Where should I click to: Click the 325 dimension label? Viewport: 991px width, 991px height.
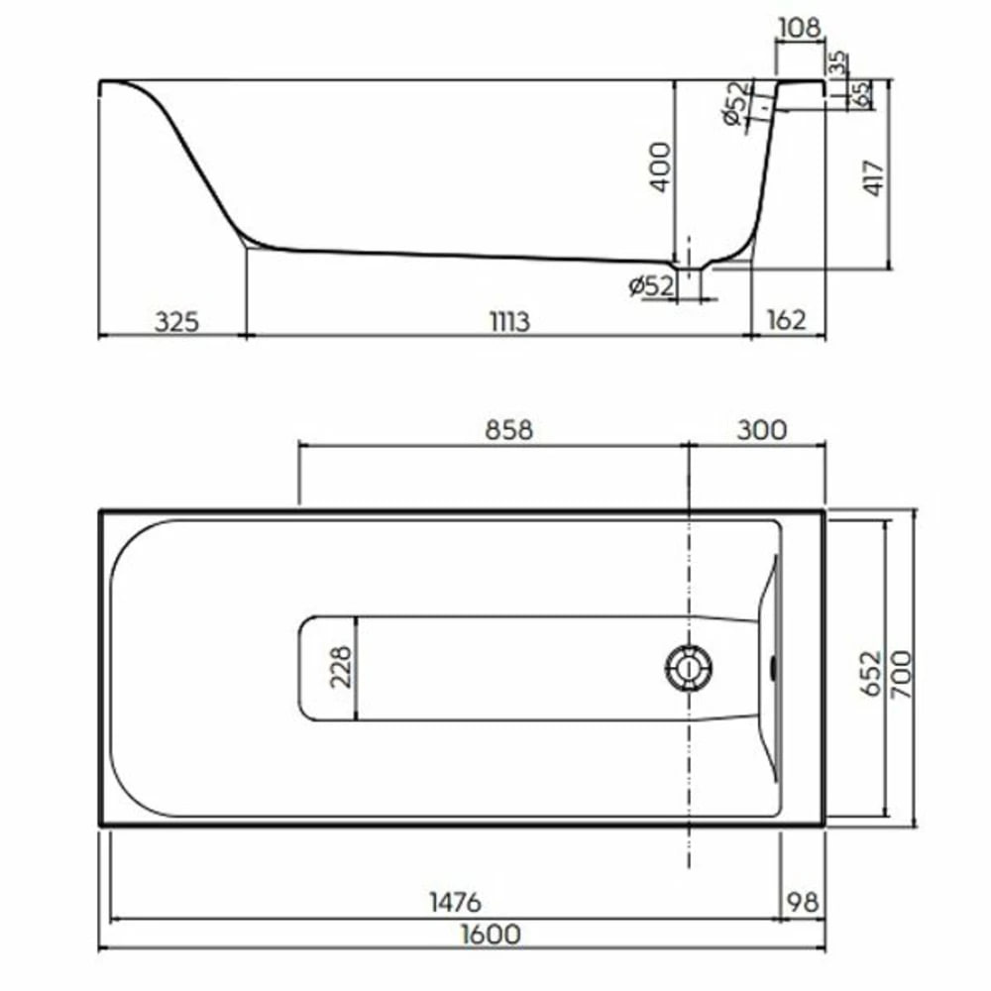[177, 322]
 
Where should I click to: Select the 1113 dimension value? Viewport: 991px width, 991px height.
[510, 322]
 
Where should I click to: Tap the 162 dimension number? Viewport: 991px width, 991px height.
[786, 320]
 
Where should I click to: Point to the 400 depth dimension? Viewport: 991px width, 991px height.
[660, 166]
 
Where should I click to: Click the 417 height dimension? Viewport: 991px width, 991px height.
[873, 177]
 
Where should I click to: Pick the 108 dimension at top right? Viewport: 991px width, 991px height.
[800, 29]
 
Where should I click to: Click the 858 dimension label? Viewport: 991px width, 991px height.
[508, 430]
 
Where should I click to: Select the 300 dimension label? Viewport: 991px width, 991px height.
[762, 430]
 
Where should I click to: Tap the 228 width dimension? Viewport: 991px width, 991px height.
[341, 667]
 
